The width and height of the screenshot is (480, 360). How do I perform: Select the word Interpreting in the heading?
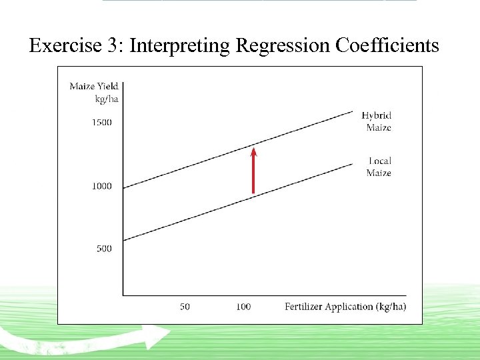tap(178, 45)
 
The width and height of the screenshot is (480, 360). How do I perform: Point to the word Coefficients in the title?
tap(387, 45)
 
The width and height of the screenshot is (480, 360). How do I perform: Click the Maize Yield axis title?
tap(93, 86)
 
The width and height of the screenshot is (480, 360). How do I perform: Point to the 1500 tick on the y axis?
tap(101, 123)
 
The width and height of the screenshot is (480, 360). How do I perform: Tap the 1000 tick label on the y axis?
tap(101, 186)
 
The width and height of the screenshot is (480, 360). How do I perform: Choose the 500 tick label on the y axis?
tap(104, 249)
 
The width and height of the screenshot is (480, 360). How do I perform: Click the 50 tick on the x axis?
tap(185, 307)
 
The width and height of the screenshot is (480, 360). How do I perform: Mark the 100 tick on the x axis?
tap(243, 307)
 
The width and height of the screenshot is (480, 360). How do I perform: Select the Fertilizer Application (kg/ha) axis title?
tap(345, 307)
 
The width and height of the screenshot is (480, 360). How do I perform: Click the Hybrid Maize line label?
tap(377, 121)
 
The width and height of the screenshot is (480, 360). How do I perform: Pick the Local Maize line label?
tap(379, 167)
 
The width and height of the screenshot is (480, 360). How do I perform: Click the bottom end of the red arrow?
tap(253, 193)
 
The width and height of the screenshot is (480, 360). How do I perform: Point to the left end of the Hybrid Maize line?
tap(124, 187)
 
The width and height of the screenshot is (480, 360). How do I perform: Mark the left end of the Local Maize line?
tap(124, 240)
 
